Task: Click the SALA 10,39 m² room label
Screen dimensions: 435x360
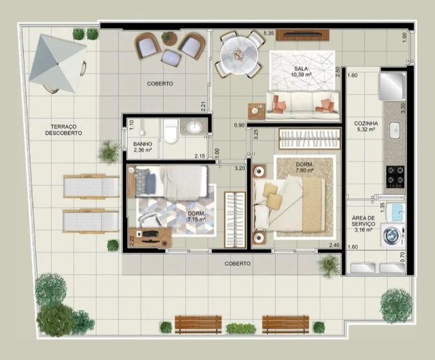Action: pyautogui.click(x=301, y=71)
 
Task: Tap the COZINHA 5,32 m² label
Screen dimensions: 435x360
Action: pyautogui.click(x=366, y=126)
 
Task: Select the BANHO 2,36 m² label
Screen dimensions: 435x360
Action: pyautogui.click(x=142, y=147)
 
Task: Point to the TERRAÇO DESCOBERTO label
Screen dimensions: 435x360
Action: pyautogui.click(x=64, y=130)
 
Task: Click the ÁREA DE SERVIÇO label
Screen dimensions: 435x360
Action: pyautogui.click(x=363, y=224)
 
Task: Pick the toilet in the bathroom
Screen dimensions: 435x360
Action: pyautogui.click(x=170, y=131)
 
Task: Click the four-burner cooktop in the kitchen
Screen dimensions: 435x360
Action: pyautogui.click(x=395, y=177)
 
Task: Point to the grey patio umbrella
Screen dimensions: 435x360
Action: pyautogui.click(x=58, y=64)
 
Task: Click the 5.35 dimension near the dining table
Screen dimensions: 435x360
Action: pyautogui.click(x=268, y=33)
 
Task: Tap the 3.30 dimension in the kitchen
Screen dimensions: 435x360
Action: pyautogui.click(x=403, y=108)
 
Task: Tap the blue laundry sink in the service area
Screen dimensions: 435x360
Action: pyautogui.click(x=395, y=212)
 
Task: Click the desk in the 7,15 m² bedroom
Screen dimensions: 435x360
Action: pyautogui.click(x=150, y=238)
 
